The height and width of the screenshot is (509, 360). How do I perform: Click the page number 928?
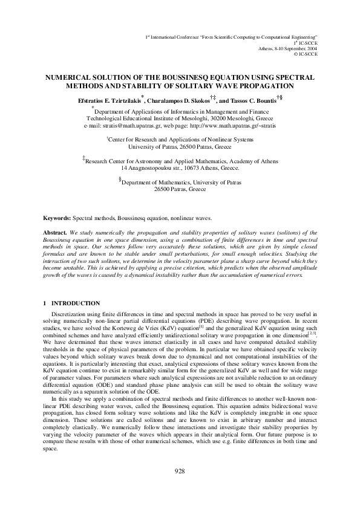point(179,488)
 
